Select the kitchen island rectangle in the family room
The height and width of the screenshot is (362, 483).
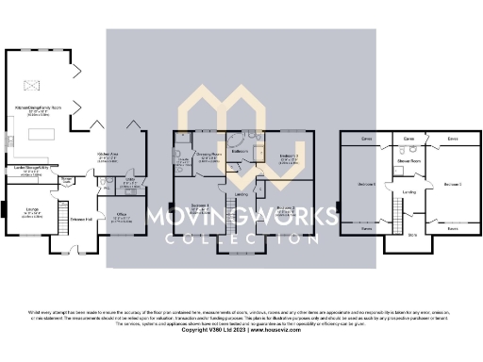pyautogui.click(x=42, y=138)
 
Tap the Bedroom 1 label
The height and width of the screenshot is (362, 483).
pyautogui.click(x=200, y=205)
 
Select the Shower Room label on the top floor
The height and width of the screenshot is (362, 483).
pyautogui.click(x=408, y=161)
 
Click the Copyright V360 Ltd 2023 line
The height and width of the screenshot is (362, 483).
pyautogui.click(x=241, y=330)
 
